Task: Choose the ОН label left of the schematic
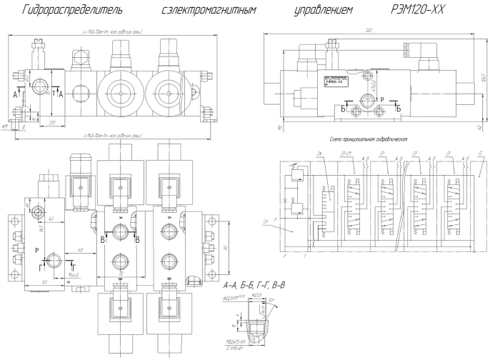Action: tap(266, 223)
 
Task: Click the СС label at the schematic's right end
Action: tap(479, 154)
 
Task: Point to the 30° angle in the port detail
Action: tap(276, 301)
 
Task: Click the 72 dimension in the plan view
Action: tap(121, 274)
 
